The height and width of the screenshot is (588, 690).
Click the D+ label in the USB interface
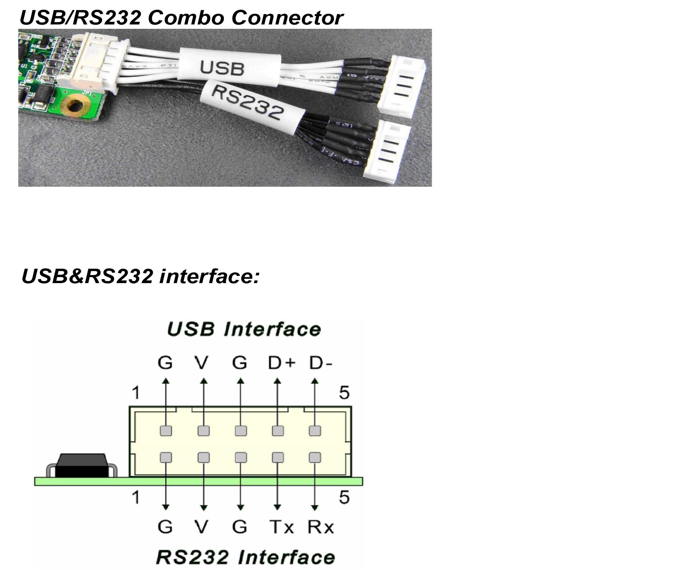281,363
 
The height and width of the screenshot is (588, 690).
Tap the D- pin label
320,363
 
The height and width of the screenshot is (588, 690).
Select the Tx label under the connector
281,527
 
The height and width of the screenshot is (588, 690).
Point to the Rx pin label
321,527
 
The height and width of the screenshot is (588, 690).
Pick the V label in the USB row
201,363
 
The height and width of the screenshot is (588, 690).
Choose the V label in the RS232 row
201,527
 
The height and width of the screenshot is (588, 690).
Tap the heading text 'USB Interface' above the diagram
244,329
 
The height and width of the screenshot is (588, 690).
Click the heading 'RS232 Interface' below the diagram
245,558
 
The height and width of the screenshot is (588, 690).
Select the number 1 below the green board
136,497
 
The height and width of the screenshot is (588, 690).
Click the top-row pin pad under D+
278,431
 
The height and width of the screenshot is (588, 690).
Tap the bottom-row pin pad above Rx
315,458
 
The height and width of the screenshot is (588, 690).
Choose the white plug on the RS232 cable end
389,151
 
